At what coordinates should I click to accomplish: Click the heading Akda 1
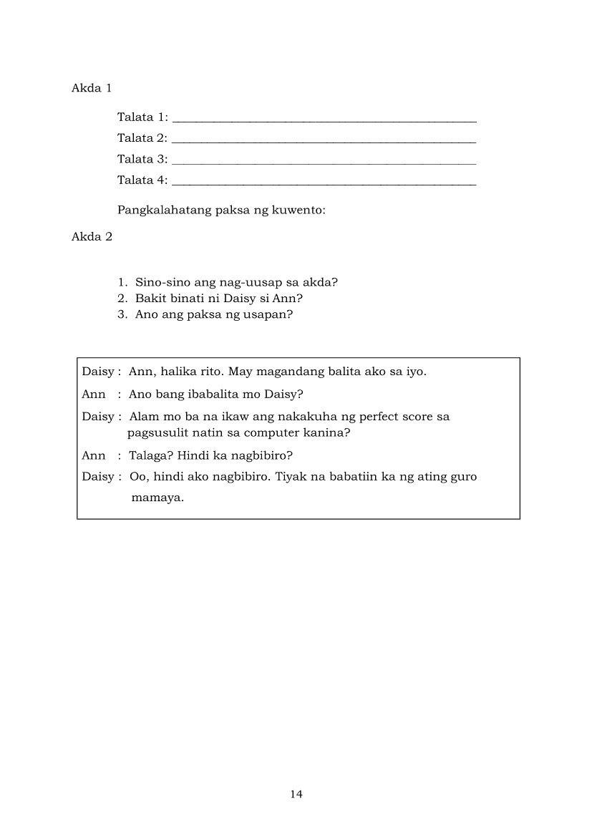(x=92, y=88)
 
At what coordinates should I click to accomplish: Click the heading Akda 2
(x=92, y=237)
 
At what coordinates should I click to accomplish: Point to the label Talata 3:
(x=142, y=159)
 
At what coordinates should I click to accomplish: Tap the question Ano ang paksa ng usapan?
(x=213, y=314)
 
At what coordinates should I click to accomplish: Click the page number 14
(x=296, y=793)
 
